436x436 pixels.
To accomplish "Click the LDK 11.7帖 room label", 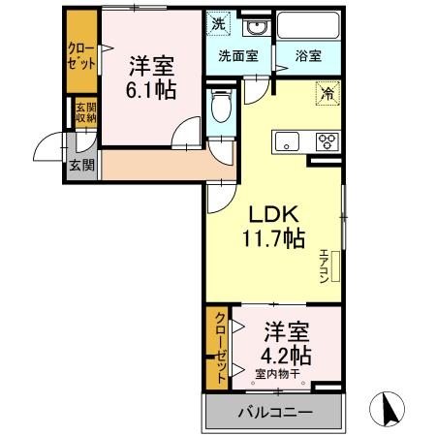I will point(274,224).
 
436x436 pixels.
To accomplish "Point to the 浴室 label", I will point(306,56).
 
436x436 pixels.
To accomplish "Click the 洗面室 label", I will point(237,56).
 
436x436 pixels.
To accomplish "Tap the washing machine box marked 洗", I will point(220,21).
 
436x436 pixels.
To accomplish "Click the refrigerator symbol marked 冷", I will point(327,94).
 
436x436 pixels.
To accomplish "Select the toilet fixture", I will point(221,106).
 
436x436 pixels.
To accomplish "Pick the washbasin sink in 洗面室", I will point(255,26).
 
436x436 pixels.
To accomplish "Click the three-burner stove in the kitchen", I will point(327,140).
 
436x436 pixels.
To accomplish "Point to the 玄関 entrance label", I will point(80,163).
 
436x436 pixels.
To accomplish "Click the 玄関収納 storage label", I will point(84,113).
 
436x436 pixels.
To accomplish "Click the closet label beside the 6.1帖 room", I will point(81,55).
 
